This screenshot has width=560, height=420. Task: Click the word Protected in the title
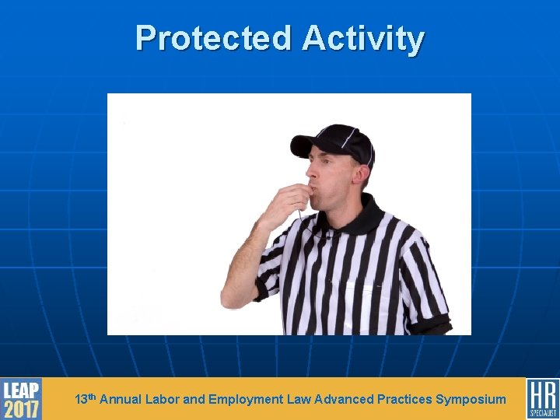pyautogui.click(x=213, y=38)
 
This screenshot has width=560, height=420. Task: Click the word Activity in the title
pyautogui.click(x=363, y=38)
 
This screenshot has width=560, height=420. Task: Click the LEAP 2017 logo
pyautogui.click(x=21, y=398)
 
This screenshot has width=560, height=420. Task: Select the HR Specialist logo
pyautogui.click(x=542, y=398)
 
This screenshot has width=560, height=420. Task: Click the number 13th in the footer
pyautogui.click(x=86, y=399)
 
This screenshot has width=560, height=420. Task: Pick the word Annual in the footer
pyautogui.click(x=121, y=400)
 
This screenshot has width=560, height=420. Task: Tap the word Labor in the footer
pyautogui.click(x=163, y=400)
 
